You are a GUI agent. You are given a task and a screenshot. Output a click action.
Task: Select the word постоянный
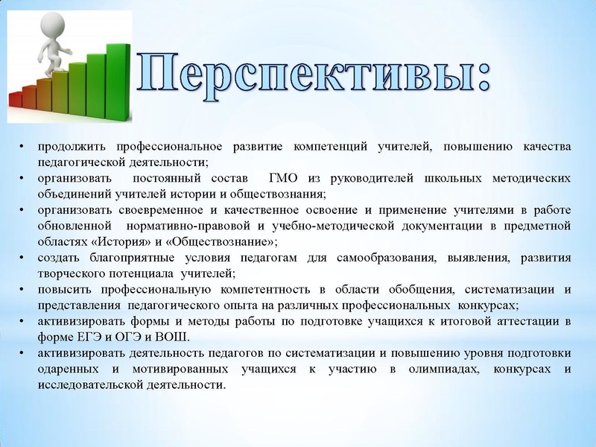167,178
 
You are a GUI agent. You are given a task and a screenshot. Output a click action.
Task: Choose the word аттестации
530,322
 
